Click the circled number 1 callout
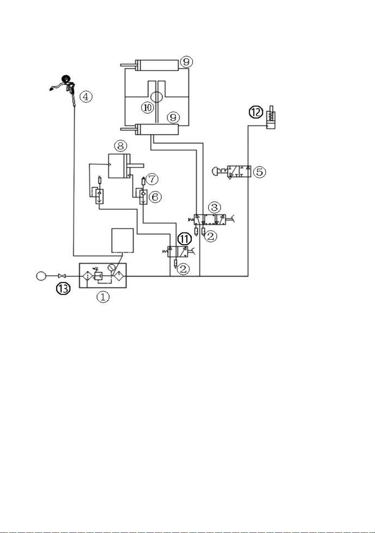[103, 297]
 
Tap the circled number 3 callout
[214, 207]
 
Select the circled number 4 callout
[86, 97]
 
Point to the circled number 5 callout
[259, 172]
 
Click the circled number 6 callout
[155, 197]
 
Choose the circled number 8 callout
[121, 146]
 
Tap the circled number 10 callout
[148, 107]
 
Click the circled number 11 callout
[184, 239]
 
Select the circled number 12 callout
[256, 112]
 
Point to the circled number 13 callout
[63, 288]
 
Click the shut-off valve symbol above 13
[62, 276]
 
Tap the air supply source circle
[41, 276]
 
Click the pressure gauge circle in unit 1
[111, 267]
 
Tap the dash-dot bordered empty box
[122, 240]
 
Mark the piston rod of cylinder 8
[137, 165]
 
